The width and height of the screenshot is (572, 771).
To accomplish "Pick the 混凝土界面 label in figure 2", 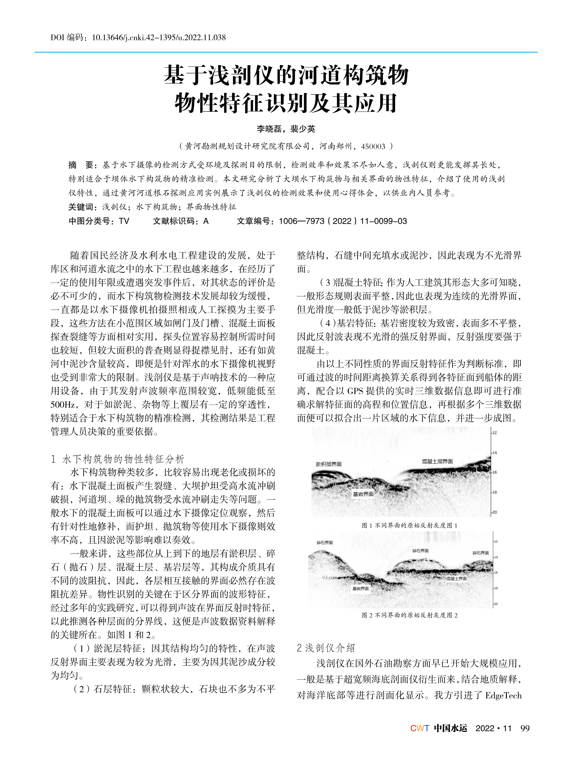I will point(456,578).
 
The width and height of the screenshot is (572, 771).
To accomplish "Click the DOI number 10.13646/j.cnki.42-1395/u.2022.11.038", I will point(159,37).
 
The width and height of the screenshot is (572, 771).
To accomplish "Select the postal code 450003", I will point(373,146).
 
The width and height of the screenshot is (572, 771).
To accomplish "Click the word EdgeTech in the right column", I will point(503,695).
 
